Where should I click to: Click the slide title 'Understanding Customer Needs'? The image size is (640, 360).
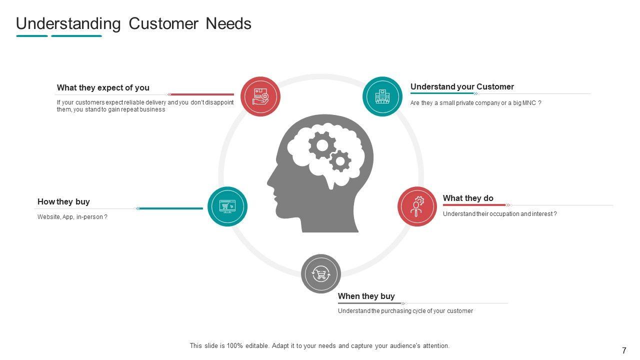pos(133,24)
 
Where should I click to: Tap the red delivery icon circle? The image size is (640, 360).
pos(260,96)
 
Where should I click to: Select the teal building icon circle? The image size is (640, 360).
pos(382,96)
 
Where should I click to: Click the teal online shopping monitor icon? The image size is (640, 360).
pos(227,206)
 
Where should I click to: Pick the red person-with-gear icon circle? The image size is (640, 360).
pos(417,206)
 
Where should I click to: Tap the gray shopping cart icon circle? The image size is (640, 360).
pos(321,274)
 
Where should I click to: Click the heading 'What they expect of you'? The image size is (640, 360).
pos(103,88)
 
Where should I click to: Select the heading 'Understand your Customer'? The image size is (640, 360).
pos(462,87)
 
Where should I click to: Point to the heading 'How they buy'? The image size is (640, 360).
pos(63,202)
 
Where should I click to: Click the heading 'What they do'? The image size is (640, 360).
pos(468,198)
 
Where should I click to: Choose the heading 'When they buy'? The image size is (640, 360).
pos(366,296)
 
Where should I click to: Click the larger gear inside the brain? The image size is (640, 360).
pos(322,145)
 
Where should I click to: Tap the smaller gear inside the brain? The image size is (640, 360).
pos(340,161)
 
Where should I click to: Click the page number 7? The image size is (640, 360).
pos(624,351)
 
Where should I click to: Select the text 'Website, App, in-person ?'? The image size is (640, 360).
pos(72,217)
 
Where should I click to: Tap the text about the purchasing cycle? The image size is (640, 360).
pos(405,311)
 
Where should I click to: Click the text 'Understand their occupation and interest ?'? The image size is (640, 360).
pos(499,214)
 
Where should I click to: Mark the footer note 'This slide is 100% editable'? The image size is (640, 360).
pos(319,346)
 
